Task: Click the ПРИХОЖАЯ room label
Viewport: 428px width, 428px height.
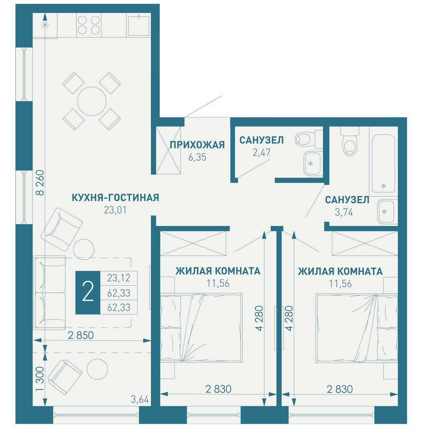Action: pos(197,145)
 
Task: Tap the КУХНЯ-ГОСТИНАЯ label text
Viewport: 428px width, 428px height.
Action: pos(116,198)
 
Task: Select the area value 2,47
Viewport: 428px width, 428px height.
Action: pos(261,152)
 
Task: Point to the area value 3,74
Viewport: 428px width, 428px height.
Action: pos(344,213)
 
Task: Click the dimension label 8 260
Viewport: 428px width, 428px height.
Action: pos(40,183)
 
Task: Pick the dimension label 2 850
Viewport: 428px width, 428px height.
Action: pos(81,335)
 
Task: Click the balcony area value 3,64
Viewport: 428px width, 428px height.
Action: pos(140,400)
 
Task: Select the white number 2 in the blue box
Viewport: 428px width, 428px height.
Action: pos(88,293)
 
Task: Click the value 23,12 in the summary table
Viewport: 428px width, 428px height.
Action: pos(119,278)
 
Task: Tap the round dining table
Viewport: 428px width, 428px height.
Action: pos(92,101)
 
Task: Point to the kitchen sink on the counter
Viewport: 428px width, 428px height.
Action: pos(138,25)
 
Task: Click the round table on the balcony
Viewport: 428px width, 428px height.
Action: pos(97,369)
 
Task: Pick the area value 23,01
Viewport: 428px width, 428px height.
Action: pos(115,210)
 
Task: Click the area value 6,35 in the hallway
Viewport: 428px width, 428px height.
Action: pos(197,157)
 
